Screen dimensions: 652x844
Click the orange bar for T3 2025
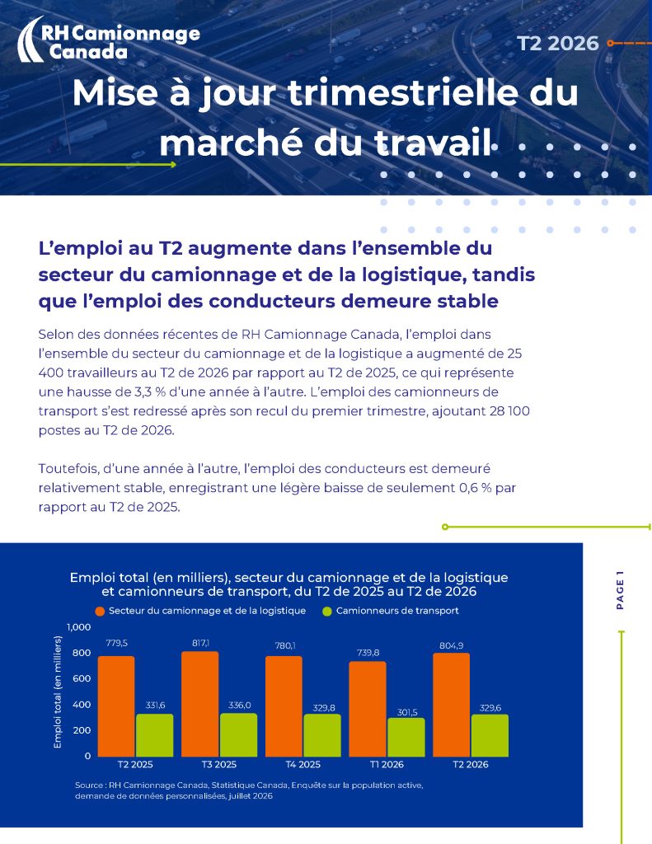(200, 704)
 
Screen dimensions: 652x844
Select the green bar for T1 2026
(406, 737)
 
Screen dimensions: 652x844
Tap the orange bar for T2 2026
(451, 705)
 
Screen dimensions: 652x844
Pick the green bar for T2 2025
(154, 735)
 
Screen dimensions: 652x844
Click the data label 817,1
(201, 643)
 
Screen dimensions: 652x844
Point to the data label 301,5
(407, 712)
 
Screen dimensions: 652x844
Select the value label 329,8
(324, 707)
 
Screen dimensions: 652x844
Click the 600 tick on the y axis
(82, 678)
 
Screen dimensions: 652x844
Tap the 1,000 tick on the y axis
(78, 626)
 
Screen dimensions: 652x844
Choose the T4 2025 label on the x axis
(303, 764)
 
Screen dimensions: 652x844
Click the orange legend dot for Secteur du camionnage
(100, 611)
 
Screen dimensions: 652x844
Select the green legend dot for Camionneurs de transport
(326, 611)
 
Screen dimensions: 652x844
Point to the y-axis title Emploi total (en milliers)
(58, 692)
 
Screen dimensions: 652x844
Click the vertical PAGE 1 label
(620, 590)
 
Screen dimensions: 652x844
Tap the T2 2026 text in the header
(558, 43)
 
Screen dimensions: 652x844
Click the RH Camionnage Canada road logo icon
(30, 39)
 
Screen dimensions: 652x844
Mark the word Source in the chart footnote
(88, 785)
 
